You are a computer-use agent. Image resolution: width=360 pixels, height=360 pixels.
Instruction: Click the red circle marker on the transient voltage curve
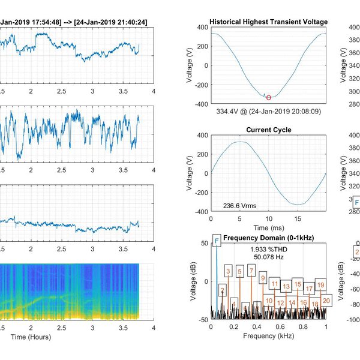click(x=268, y=97)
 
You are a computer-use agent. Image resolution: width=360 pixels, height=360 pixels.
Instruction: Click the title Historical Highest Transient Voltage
click(x=268, y=22)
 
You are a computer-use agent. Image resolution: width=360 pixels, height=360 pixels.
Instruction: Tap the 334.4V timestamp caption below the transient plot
click(x=268, y=111)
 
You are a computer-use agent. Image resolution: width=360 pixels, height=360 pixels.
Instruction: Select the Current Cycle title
click(x=268, y=130)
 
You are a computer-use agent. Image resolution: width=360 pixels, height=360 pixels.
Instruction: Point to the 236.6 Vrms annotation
click(x=239, y=205)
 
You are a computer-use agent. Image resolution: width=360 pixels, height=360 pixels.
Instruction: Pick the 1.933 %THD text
click(x=268, y=248)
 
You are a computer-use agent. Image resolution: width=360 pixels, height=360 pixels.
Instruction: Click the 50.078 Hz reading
click(x=268, y=257)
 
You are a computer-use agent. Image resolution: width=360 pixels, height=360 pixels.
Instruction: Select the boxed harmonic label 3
click(x=228, y=272)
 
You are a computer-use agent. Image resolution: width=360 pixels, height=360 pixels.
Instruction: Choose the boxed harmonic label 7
click(x=251, y=272)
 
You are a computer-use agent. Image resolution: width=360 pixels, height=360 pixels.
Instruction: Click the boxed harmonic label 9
click(x=262, y=277)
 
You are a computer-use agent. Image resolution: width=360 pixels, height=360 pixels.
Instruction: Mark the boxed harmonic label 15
click(x=298, y=284)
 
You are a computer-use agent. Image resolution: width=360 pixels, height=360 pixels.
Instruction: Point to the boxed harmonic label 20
click(x=326, y=300)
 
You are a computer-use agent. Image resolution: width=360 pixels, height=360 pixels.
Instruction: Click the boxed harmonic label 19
click(x=320, y=284)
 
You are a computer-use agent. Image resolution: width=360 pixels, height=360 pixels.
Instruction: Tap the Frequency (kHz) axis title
click(x=268, y=337)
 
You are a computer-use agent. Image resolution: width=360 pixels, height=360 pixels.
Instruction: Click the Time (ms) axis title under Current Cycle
click(x=268, y=229)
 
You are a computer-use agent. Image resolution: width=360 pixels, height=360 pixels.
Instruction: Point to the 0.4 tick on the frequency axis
click(x=257, y=327)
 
